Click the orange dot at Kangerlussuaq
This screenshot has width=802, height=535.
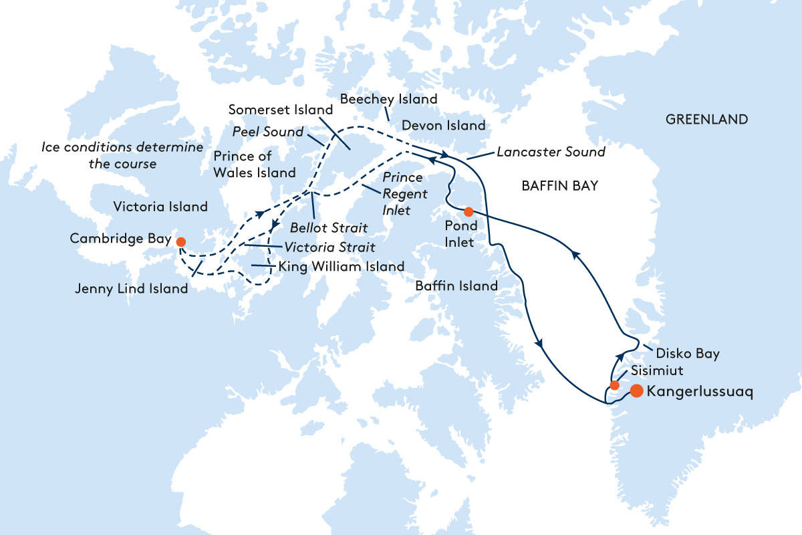tap(636, 391)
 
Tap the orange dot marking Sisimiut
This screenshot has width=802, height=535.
tap(614, 385)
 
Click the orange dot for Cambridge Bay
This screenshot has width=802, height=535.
tap(180, 240)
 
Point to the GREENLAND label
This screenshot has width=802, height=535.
tap(706, 120)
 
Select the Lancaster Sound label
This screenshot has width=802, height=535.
tap(551, 152)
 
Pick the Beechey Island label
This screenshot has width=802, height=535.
tap(388, 100)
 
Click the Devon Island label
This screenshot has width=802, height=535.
tap(443, 126)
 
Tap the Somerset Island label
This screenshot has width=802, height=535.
tap(280, 110)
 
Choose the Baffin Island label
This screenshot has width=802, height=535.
tap(456, 286)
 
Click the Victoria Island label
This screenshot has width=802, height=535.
tap(161, 207)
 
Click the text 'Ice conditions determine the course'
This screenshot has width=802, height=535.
tap(122, 155)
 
